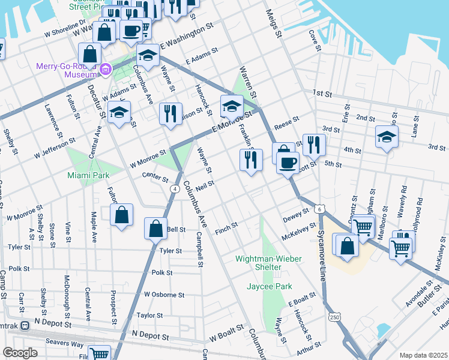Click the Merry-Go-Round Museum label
click(x=66, y=70)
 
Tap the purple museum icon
click(x=106, y=70)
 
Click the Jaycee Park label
click(x=268, y=286)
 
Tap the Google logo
click(x=20, y=353)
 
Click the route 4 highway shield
click(x=174, y=188)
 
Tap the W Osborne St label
click(x=164, y=295)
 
